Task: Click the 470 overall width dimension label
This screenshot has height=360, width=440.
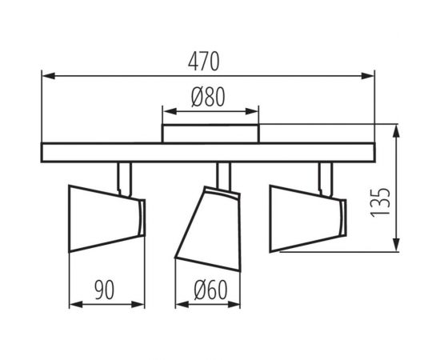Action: coord(203,62)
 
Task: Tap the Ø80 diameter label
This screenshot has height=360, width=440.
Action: coord(208,97)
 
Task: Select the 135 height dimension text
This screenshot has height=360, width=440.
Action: coord(380,202)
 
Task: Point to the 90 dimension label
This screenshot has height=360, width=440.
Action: coord(104,290)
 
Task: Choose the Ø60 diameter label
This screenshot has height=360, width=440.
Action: coord(210,290)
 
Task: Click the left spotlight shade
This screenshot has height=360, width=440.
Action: coord(107,218)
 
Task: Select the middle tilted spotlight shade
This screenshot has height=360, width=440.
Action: coord(208,229)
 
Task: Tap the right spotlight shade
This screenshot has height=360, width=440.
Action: coord(307,218)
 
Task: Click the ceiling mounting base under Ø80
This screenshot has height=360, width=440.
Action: coord(210,134)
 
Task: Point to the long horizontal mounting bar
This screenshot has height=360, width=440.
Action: coord(208,152)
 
